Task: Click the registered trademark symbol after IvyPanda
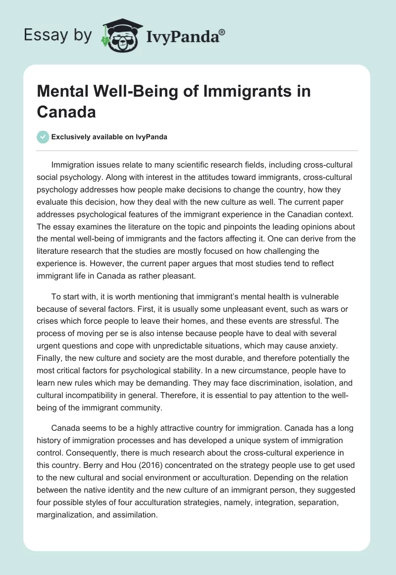point(222,32)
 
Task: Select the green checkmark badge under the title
point(43,137)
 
